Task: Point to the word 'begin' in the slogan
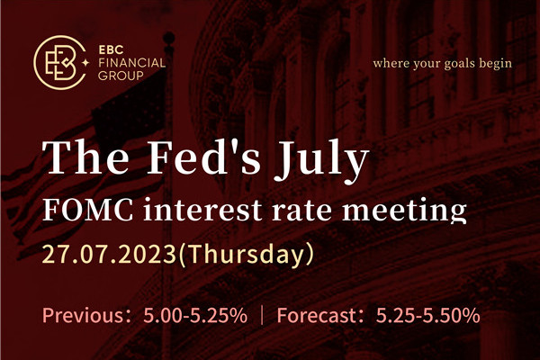click(x=494, y=64)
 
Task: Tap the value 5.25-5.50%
click(x=427, y=316)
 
